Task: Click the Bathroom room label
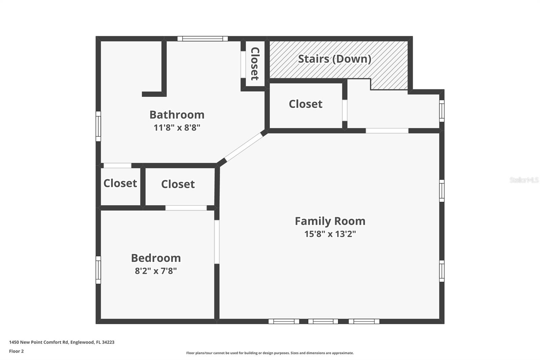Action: point(177,114)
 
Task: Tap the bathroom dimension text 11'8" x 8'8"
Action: point(177,127)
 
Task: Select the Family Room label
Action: point(330,221)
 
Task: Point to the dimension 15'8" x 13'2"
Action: point(330,234)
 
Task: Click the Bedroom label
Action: point(156,258)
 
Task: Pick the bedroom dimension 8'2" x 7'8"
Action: point(156,271)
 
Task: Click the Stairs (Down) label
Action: point(334,59)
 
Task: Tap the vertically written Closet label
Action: point(255,64)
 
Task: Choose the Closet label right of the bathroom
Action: point(305,104)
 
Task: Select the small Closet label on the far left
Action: point(120,183)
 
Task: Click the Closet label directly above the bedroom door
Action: point(178,184)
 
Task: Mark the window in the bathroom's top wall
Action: point(202,38)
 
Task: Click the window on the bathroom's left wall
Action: point(98,126)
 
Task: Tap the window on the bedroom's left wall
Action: point(98,270)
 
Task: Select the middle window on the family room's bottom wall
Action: point(323,322)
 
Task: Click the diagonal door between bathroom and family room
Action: point(244,147)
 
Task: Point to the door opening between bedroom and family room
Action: point(217,242)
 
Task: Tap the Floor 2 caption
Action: point(17,351)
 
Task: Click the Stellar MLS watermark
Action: point(524,180)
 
